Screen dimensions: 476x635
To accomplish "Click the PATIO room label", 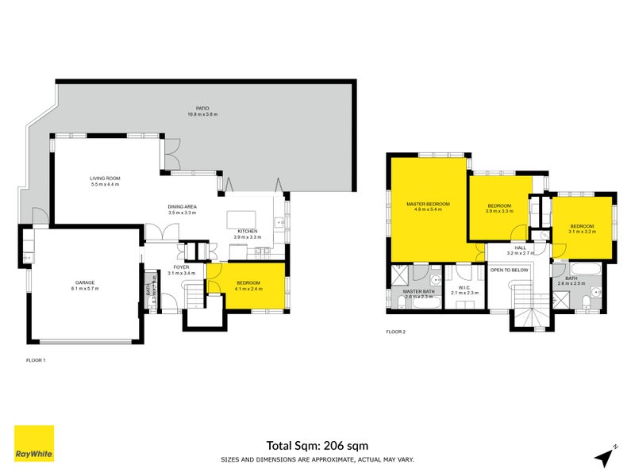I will (x=202, y=109).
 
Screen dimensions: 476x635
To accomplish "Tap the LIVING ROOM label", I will (x=104, y=179).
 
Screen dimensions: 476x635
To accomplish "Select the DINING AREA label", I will (x=182, y=208).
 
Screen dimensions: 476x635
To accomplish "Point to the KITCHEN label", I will (x=247, y=231).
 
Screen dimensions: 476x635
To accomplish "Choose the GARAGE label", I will (x=86, y=282).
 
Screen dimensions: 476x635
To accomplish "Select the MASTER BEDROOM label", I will (x=428, y=205).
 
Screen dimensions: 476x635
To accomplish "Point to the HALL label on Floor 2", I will (x=520, y=249).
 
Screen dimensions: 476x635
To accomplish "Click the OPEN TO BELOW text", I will (x=510, y=270).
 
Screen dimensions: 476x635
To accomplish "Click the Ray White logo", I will (x=34, y=443).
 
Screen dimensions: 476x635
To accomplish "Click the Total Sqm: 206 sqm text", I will (x=317, y=446).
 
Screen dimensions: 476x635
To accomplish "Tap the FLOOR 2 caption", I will (x=396, y=332).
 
